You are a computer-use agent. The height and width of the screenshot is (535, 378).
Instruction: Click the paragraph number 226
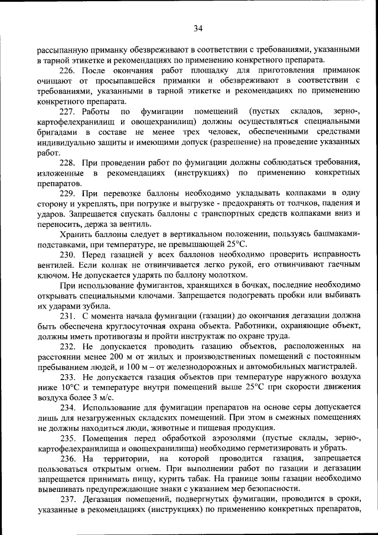(69, 70)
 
